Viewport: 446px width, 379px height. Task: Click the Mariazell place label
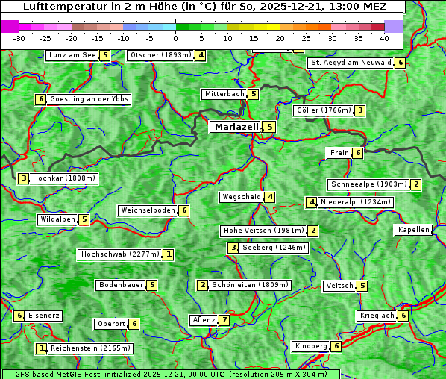point(236,127)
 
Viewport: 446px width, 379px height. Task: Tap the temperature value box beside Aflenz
point(224,320)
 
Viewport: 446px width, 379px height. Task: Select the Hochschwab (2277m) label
point(120,254)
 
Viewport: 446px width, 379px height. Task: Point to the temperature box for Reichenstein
point(43,348)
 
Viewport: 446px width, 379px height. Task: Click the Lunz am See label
point(72,55)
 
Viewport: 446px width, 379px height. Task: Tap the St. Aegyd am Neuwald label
point(351,63)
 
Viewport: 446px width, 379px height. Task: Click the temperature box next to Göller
point(360,110)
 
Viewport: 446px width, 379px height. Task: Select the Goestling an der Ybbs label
point(89,99)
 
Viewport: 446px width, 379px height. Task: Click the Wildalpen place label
point(57,219)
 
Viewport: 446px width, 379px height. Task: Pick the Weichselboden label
point(148,210)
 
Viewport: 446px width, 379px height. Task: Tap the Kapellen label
point(413,230)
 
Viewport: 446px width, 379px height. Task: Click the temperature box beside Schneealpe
point(416,184)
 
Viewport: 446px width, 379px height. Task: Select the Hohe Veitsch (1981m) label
point(264,231)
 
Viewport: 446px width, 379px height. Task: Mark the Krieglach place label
point(377,316)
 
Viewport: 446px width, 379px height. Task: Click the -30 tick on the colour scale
point(19,37)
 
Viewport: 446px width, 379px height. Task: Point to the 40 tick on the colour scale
point(384,37)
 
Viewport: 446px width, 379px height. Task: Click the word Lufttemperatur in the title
point(50,7)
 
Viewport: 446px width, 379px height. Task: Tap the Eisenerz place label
point(44,316)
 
